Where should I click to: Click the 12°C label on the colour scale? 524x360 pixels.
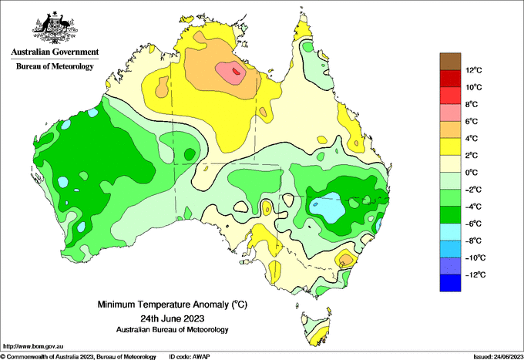(x=474, y=70)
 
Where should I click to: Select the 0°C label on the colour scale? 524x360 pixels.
(x=472, y=173)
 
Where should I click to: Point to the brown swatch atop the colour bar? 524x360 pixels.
(x=450, y=62)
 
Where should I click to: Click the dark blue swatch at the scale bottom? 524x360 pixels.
(x=450, y=283)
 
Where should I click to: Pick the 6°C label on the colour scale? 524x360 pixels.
(x=472, y=121)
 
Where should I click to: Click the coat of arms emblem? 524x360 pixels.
(x=55, y=28)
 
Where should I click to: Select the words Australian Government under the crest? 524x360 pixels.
(x=55, y=52)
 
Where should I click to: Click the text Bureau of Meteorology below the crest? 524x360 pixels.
(x=55, y=66)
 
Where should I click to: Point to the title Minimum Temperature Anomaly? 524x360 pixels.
(x=173, y=304)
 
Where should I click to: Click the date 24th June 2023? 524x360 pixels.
(x=173, y=318)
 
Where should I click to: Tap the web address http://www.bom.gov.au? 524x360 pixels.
(x=32, y=346)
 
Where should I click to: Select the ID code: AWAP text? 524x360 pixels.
(x=190, y=357)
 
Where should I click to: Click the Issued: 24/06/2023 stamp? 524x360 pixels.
(x=498, y=357)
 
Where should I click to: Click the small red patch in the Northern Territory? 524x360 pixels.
(x=237, y=71)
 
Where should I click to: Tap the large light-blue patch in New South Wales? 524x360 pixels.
(x=327, y=207)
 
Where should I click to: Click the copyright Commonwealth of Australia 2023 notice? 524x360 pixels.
(x=78, y=357)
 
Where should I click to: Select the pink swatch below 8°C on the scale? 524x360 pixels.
(x=450, y=113)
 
